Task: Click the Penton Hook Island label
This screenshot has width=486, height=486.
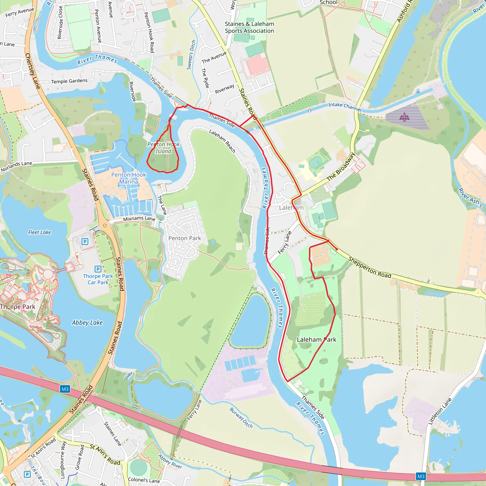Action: click(x=164, y=148)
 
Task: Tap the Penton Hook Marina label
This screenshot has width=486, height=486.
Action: click(x=129, y=178)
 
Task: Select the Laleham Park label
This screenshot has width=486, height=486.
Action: click(x=317, y=340)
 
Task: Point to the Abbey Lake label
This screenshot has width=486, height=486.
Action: click(x=87, y=323)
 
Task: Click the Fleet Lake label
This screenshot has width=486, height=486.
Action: click(x=39, y=232)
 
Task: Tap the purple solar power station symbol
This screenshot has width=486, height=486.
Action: click(x=404, y=117)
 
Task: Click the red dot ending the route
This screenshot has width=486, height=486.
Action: click(x=337, y=249)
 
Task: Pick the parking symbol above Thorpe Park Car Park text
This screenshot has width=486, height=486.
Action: click(x=98, y=269)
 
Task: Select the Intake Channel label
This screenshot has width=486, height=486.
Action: click(x=345, y=107)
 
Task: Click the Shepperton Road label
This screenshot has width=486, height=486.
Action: click(x=369, y=267)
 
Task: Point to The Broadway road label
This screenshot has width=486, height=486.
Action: click(x=341, y=167)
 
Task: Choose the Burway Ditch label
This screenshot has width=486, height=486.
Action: click(x=241, y=418)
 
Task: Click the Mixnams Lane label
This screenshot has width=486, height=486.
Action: click(x=139, y=219)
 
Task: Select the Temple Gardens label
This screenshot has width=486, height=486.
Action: click(x=70, y=81)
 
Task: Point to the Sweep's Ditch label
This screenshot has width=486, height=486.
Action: click(x=191, y=55)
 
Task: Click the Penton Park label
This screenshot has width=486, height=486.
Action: click(x=185, y=238)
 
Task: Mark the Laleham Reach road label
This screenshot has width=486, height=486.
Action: click(x=222, y=141)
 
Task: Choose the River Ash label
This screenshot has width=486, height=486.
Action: click(x=468, y=196)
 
